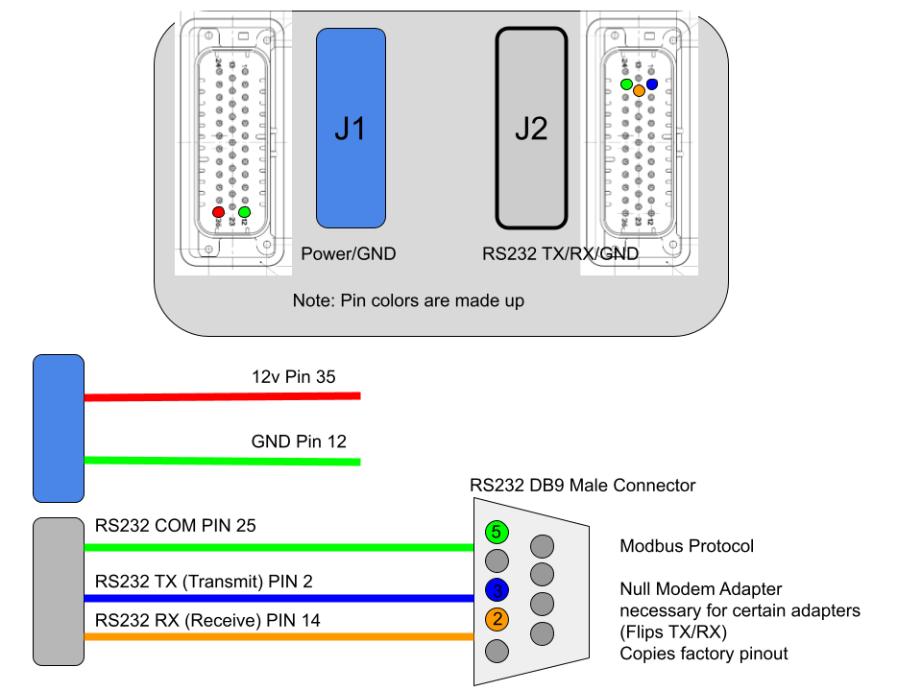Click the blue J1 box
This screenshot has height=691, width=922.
coord(351,128)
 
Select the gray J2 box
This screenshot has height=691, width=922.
coord(531,128)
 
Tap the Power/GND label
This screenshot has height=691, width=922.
coord(348,254)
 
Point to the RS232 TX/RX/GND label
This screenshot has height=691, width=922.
coord(560,254)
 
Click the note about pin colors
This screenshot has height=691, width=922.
coord(408,301)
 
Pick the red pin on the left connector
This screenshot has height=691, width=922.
coord(218,211)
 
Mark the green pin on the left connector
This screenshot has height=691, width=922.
coord(244,211)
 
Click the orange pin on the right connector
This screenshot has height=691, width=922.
coord(639,90)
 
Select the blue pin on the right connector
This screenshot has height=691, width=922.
coord(652,84)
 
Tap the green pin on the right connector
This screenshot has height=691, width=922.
coord(626,84)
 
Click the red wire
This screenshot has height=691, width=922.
coord(221,396)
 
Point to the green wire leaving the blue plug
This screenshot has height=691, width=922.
coord(221,462)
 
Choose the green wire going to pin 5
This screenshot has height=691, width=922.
coord(279,547)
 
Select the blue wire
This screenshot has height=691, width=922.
coord(279,598)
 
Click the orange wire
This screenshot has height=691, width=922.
coord(279,636)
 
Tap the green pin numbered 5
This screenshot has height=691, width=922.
coord(497,531)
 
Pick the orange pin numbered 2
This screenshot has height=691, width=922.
coord(497,619)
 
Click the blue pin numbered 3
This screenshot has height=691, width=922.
coord(497,589)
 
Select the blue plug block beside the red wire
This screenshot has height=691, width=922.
coord(59,428)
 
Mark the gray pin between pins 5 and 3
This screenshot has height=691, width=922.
coord(497,560)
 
